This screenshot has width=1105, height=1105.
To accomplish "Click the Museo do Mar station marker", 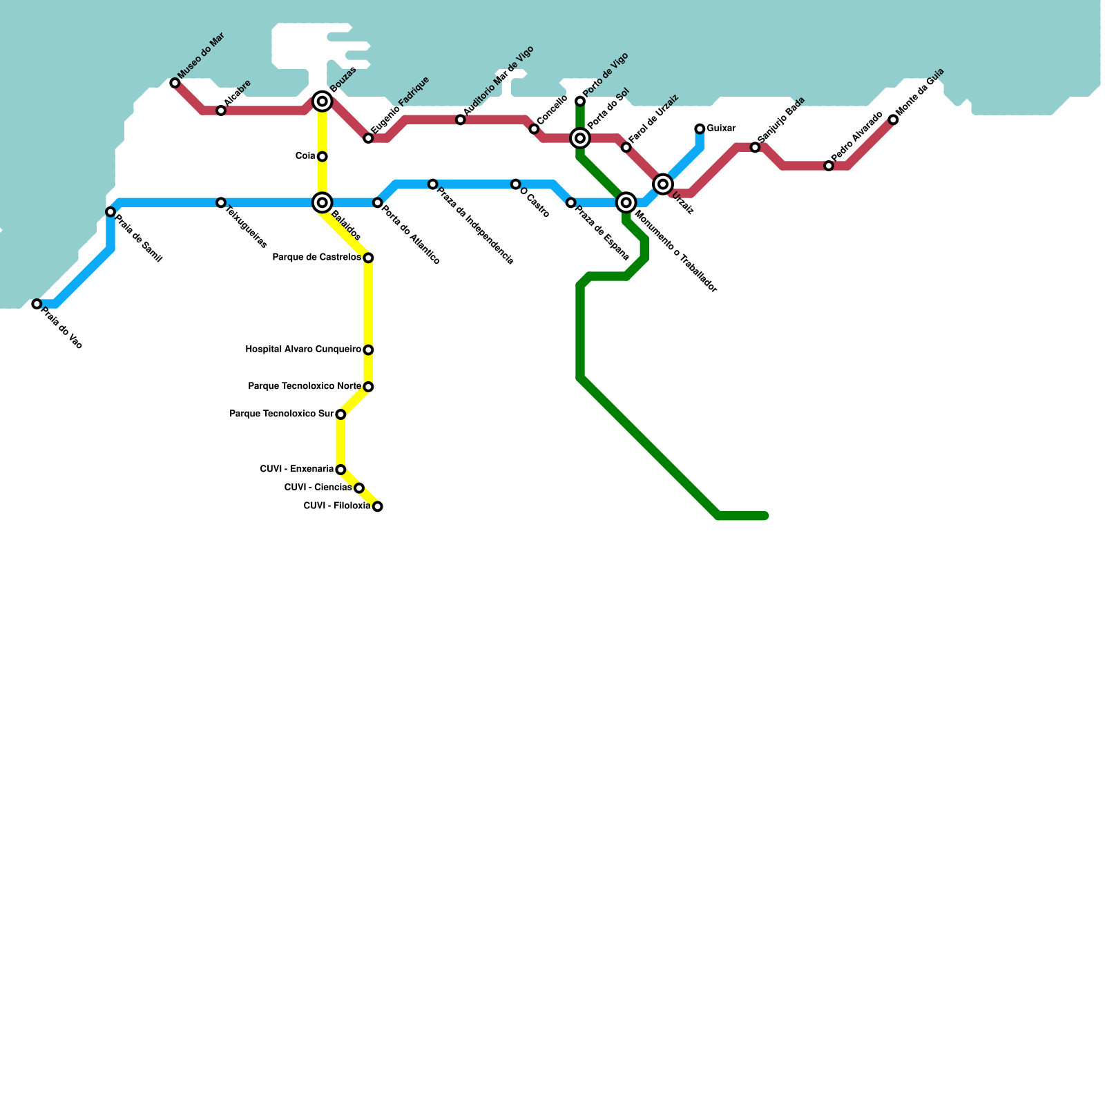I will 175,83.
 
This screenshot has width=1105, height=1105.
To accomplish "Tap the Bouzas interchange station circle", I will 322,102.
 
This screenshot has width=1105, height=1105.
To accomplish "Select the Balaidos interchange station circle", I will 322,202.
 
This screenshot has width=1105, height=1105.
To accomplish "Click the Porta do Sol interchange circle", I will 580,138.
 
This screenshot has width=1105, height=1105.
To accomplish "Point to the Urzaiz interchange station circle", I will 663,184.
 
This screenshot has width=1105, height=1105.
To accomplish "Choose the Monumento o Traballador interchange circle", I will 626,202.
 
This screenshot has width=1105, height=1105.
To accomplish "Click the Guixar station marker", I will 700,129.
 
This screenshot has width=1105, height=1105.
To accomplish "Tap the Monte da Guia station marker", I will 893,120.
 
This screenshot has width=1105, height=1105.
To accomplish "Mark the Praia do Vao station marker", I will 37,304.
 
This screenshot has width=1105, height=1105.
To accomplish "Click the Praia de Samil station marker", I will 110,212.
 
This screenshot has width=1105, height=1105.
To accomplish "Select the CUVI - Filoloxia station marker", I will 377,507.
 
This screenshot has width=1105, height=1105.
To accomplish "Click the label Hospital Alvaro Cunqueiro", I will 303,349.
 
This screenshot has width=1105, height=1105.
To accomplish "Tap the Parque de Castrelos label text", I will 316,258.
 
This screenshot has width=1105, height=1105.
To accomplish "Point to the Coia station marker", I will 322,157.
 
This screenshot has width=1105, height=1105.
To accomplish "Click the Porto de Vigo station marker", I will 580,102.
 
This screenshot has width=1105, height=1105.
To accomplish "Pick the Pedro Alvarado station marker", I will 829,166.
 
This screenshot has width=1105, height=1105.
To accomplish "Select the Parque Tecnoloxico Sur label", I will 281,414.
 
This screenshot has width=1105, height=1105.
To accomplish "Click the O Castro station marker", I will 515,184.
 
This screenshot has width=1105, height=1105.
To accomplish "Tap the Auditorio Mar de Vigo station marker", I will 460,120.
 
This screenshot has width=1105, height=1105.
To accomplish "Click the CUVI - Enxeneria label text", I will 296,469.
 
